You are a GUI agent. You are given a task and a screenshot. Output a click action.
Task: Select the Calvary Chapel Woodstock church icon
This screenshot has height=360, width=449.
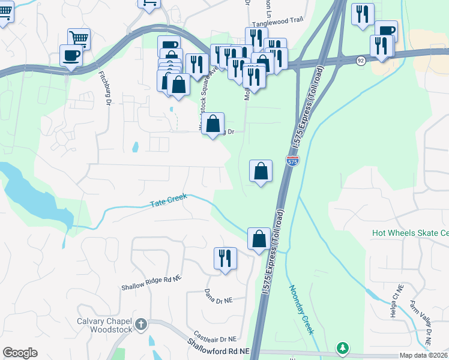[x=141, y=325]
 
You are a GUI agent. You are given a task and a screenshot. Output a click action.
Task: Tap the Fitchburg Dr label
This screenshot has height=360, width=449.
[x=105, y=89]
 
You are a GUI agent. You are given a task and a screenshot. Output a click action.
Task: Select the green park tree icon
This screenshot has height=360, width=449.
[x=343, y=347]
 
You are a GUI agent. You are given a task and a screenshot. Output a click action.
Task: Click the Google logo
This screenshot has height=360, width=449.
[x=20, y=353]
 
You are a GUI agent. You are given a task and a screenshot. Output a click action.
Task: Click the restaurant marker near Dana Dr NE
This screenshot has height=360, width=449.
[x=225, y=259]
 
